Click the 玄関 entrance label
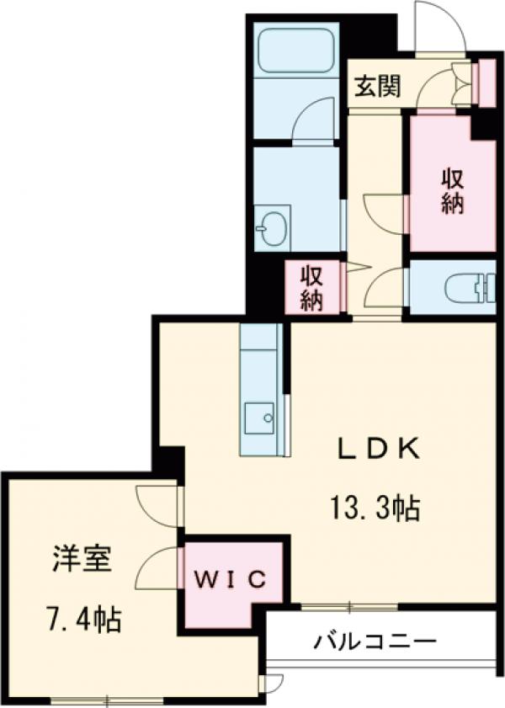376,86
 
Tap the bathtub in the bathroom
295,51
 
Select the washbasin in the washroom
273,228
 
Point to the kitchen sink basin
259,415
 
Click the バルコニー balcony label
376,642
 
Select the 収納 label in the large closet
453,192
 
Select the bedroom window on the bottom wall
108,699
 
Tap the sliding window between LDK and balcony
349,605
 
